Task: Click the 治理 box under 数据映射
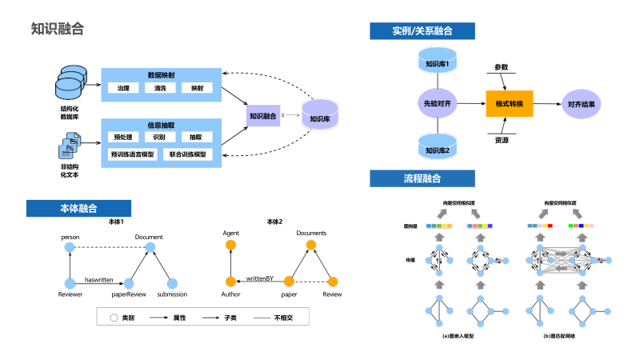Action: pyautogui.click(x=122, y=88)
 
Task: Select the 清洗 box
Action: pyautogui.click(x=160, y=88)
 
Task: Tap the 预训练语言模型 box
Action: pyautogui.click(x=132, y=153)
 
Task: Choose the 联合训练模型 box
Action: pyautogui.click(x=188, y=153)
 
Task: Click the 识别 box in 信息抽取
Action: pyautogui.click(x=159, y=137)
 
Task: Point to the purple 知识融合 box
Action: pyautogui.click(x=262, y=116)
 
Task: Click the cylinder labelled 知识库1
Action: pyautogui.click(x=437, y=63)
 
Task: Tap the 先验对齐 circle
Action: pyautogui.click(x=437, y=104)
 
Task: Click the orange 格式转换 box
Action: pyautogui.click(x=509, y=104)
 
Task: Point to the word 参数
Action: pyautogui.click(x=502, y=67)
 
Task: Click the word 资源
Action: pyautogui.click(x=502, y=140)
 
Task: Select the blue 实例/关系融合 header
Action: pyautogui.click(x=422, y=31)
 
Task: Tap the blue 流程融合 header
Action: pyautogui.click(x=422, y=178)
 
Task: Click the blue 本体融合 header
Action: pyautogui.click(x=78, y=208)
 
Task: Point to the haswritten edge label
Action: pyautogui.click(x=99, y=278)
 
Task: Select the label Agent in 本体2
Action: pyautogui.click(x=231, y=233)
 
